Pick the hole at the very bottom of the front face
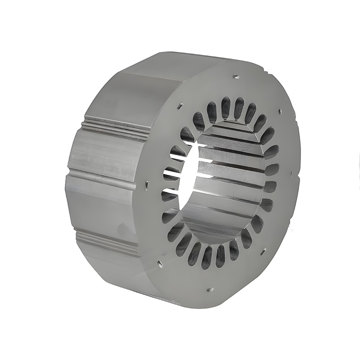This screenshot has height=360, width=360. pos(208,290)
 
